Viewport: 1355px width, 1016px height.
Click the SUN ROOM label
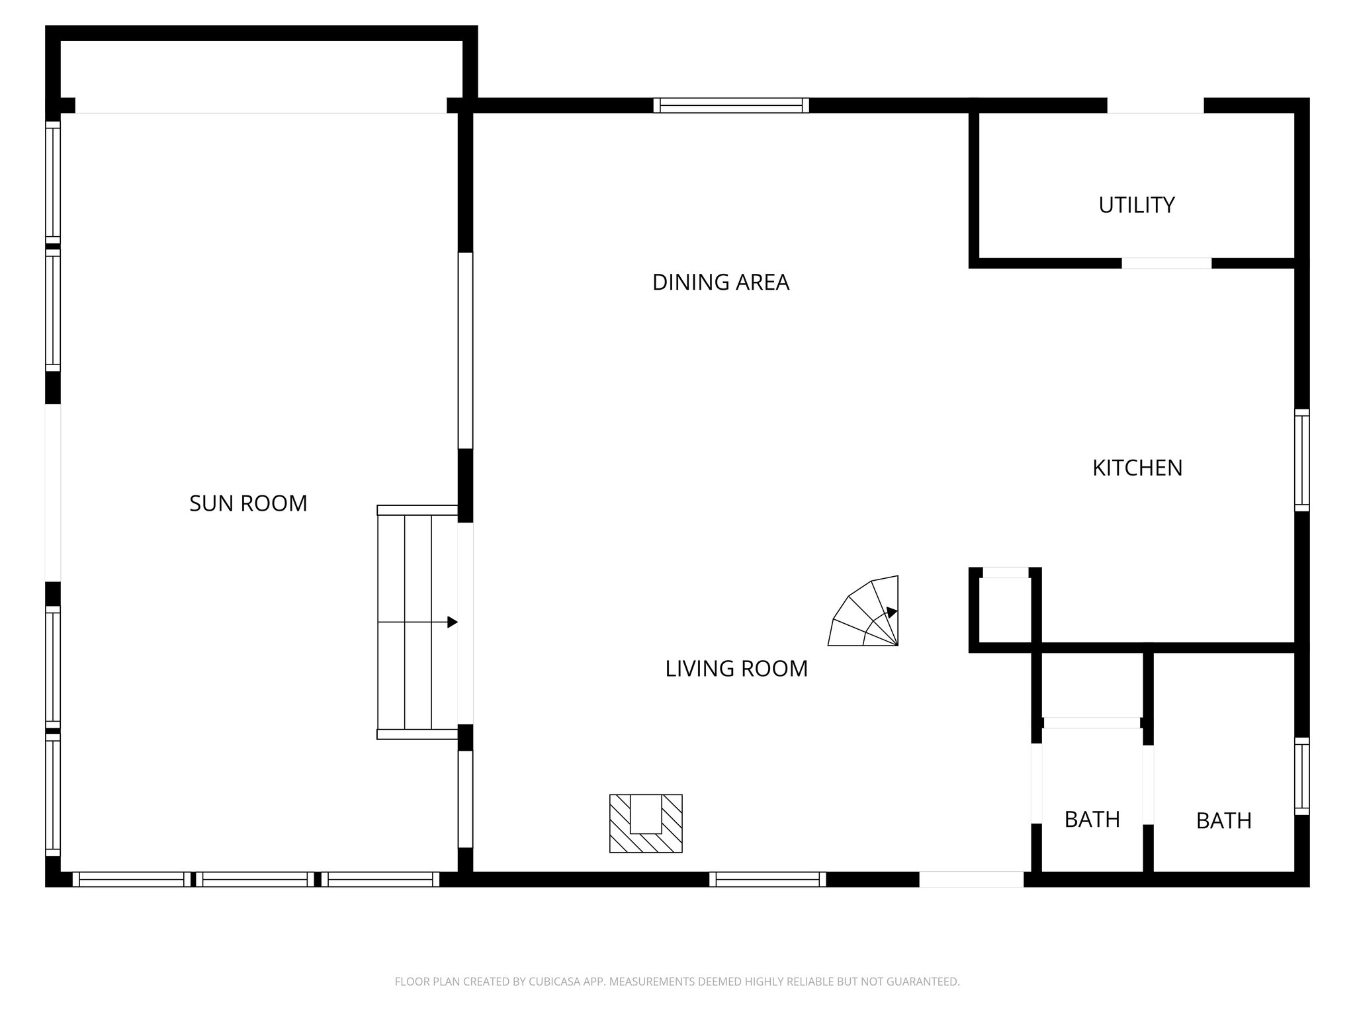248,503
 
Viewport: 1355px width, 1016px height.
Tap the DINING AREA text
721,282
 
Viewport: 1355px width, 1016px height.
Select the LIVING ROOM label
736,669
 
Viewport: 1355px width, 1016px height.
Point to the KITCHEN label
1137,468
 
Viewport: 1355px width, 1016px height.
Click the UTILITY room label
1136,205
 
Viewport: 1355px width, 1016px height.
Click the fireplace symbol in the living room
646,823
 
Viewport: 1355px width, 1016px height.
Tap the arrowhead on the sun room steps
453,622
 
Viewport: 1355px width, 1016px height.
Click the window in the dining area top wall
731,105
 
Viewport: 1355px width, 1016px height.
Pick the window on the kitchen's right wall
1301,460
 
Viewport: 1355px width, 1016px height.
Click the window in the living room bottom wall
767,879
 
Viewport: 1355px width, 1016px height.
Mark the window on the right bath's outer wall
1301,776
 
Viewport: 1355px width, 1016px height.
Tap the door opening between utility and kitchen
1166,263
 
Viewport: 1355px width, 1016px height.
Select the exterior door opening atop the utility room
1155,106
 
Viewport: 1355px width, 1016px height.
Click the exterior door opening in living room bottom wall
971,879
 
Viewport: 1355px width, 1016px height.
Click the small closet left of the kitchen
1005,609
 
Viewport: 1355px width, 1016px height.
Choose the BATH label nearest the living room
1092,820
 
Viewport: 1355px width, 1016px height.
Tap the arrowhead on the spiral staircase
892,612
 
